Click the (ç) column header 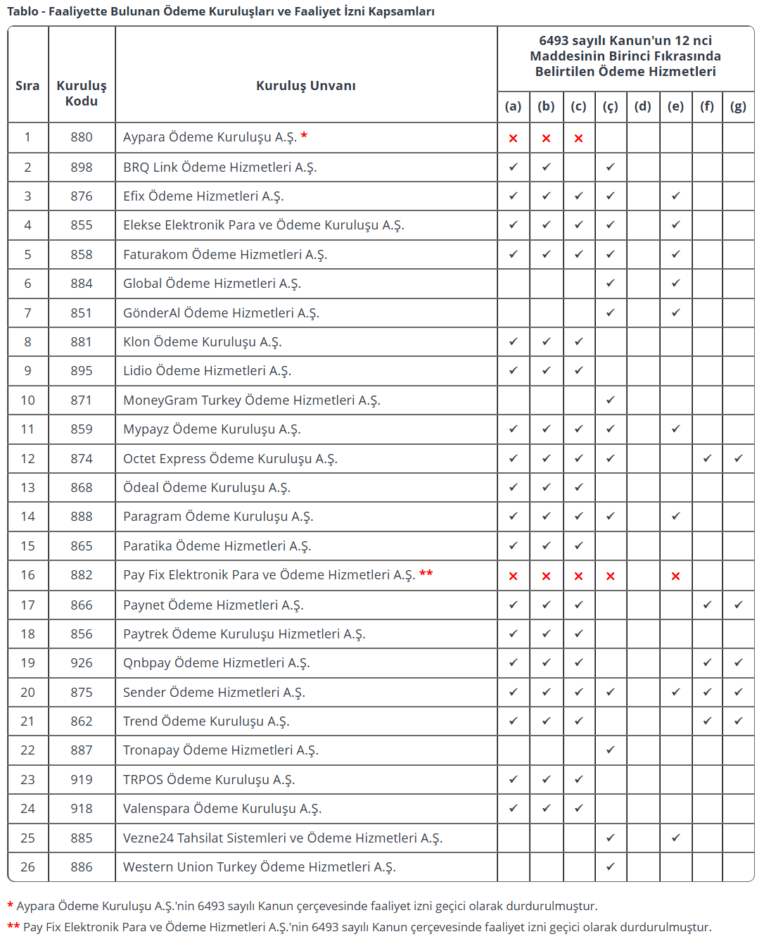click(610, 106)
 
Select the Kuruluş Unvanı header click(305, 85)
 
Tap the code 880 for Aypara click(82, 137)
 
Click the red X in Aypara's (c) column click(578, 138)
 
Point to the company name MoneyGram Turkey click(251, 401)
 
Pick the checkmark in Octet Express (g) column click(738, 458)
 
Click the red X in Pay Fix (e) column click(675, 576)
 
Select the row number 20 click(27, 693)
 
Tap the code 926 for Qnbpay click(82, 663)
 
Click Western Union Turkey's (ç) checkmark click(610, 866)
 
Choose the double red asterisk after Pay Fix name click(426, 574)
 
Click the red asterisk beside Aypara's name click(304, 136)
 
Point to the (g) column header click(738, 106)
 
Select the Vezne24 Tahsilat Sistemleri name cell click(282, 838)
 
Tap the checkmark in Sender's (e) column click(675, 692)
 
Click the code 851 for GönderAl click(82, 313)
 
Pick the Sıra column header click(27, 85)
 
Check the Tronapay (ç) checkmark click(610, 750)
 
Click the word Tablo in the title click(23, 11)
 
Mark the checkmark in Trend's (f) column click(707, 721)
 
